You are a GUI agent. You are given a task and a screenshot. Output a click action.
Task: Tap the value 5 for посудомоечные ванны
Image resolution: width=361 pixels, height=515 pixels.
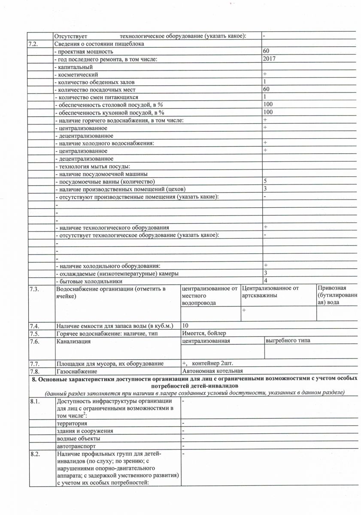[265, 181]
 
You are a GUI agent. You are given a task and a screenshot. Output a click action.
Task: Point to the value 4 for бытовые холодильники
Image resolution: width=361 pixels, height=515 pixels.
[265, 281]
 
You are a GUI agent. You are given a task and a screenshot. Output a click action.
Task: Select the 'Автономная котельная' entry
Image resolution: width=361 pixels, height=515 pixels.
[212, 371]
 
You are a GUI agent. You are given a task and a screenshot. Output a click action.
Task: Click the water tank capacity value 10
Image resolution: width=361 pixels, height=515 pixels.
[185, 325]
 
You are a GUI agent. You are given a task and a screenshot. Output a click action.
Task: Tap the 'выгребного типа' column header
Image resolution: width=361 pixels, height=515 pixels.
[288, 341]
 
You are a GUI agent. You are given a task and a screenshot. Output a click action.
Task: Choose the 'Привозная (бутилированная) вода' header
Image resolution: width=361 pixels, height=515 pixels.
[337, 296]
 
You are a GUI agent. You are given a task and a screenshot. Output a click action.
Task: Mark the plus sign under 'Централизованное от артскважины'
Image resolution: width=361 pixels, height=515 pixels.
[244, 310]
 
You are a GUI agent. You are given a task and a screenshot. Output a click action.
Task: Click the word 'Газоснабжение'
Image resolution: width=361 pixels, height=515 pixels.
[76, 371]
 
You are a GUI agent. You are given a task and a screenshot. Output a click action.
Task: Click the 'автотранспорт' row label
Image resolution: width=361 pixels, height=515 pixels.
[76, 446]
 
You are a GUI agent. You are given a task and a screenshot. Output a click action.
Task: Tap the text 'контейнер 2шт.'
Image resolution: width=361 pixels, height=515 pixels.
[213, 363]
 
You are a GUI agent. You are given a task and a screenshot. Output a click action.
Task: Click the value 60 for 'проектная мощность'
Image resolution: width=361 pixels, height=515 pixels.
[266, 51]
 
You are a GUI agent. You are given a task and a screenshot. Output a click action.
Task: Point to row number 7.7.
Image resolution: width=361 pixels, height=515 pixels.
[34, 364]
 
